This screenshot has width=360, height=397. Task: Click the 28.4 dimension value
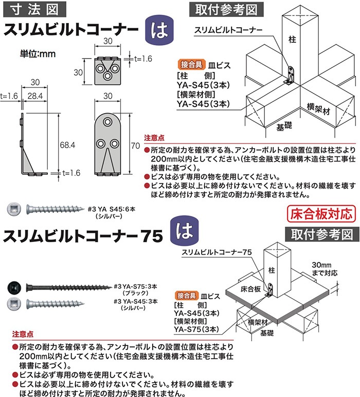pos(35,96)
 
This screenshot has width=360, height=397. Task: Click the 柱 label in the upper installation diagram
pos(291,38)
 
